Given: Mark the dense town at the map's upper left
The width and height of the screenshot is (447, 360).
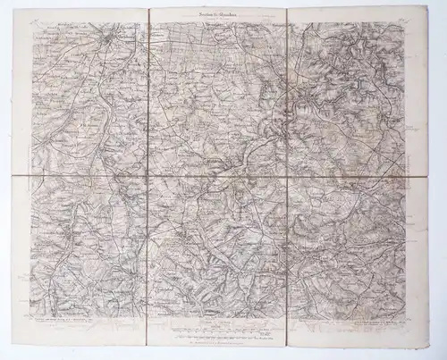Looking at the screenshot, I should click(x=108, y=38).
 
